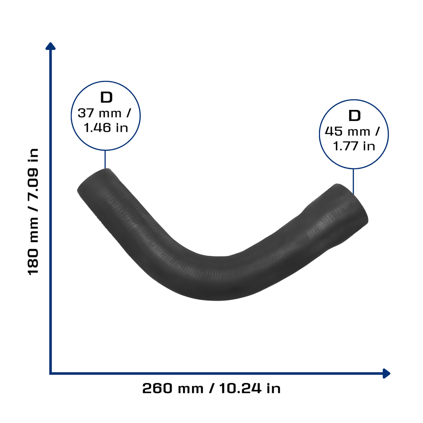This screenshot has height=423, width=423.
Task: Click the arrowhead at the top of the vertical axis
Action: (50, 46)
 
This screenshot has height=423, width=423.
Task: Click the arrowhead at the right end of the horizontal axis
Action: (386, 373)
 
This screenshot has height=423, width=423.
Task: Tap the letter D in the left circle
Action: (106, 97)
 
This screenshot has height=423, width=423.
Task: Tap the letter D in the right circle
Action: (354, 116)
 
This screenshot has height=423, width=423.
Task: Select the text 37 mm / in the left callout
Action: (104, 113)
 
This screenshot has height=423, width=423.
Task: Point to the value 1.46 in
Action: (106, 128)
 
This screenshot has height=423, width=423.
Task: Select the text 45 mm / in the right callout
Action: (352, 131)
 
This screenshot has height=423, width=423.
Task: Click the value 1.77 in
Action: (354, 146)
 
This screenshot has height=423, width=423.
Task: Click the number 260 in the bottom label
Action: (157, 388)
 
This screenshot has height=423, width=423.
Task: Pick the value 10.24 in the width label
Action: (240, 388)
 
